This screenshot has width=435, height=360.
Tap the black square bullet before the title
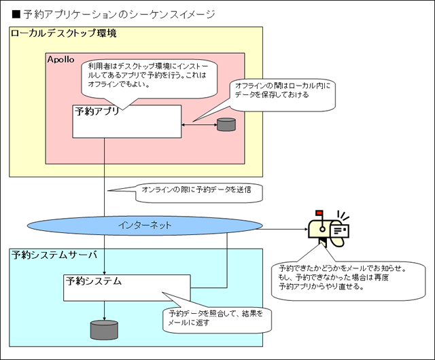(x=17, y=14)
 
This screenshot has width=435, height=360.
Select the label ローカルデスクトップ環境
(x=64, y=33)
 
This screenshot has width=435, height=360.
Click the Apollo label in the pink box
(x=60, y=60)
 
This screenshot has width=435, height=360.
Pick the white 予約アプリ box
(x=126, y=122)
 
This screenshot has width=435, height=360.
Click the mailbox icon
(x=328, y=228)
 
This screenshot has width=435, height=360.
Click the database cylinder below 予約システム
(x=104, y=329)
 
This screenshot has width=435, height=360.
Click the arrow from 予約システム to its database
(x=104, y=310)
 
